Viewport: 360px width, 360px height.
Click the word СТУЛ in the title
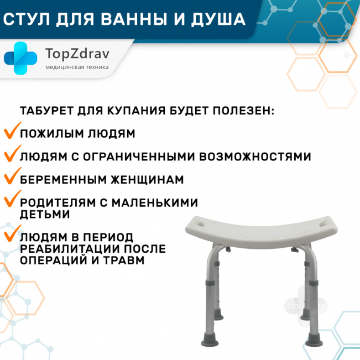click(27, 19)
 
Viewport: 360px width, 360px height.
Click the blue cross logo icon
click(20, 58)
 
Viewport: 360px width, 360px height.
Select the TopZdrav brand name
click(77, 54)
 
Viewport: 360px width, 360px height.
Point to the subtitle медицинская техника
click(77, 67)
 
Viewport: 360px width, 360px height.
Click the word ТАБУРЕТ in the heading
click(46, 111)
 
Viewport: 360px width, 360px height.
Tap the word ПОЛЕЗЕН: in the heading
click(244, 111)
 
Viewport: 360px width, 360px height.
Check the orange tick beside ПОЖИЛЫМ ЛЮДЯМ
click(12, 131)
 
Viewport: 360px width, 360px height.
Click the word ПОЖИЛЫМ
click(51, 134)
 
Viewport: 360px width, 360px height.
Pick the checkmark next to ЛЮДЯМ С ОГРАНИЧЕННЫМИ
click(12, 153)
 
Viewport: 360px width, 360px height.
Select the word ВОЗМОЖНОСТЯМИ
click(255, 156)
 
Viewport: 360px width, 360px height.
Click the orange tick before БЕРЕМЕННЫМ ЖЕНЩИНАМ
click(12, 176)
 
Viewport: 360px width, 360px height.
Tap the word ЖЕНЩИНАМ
click(148, 180)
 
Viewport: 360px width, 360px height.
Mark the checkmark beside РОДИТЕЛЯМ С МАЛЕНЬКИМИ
click(12, 199)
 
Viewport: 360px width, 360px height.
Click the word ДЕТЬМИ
click(45, 214)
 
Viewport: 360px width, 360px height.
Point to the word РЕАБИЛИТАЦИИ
click(69, 249)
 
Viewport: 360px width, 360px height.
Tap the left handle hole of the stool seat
click(200, 223)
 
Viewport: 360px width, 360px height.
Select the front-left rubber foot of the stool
click(210, 340)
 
